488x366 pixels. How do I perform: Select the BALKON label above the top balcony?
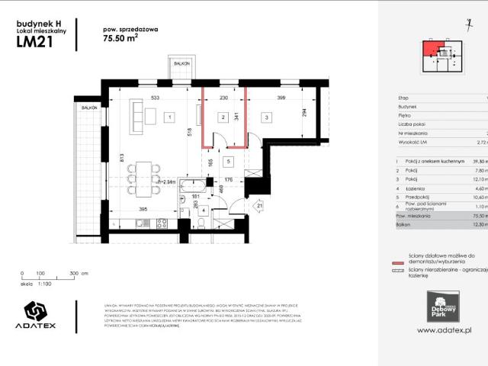181,64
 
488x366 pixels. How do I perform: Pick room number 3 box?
266,117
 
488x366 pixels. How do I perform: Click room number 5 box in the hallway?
227,162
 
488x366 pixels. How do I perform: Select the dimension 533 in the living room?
155,98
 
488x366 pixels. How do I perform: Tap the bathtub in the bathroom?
197,185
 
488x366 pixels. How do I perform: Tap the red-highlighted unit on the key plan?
432,51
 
